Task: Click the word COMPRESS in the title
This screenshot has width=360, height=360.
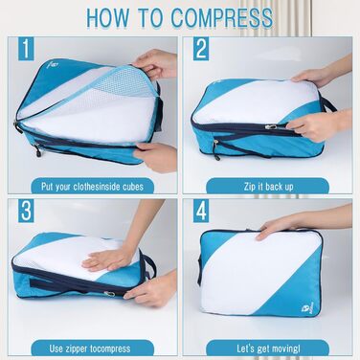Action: click(x=222, y=17)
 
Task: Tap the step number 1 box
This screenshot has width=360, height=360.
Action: click(x=26, y=49)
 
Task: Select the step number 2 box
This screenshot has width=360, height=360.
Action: click(x=201, y=49)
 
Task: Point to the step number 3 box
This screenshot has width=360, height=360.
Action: click(x=26, y=211)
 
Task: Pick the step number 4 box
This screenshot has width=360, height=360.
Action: click(x=201, y=211)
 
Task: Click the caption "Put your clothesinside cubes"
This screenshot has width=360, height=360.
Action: click(x=92, y=187)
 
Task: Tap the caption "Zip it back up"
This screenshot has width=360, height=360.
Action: click(x=268, y=187)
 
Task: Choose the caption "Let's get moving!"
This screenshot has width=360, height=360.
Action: click(x=268, y=349)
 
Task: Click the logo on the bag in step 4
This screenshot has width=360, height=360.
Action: click(x=304, y=308)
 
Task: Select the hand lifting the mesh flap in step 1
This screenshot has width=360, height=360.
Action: click(x=156, y=64)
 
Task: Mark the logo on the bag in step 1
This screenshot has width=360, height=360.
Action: click(x=54, y=65)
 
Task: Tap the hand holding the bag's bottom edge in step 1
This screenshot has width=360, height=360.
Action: click(x=156, y=157)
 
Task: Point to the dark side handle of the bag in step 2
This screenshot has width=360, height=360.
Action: click(x=326, y=101)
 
